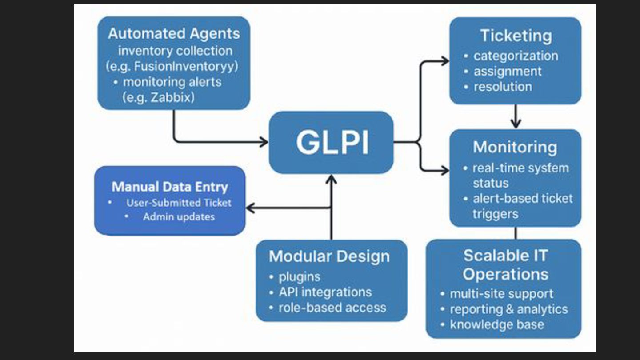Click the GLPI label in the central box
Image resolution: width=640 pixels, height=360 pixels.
[x=332, y=142]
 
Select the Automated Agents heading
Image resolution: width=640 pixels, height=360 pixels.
[x=174, y=34]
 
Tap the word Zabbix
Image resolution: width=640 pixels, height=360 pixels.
[x=172, y=97]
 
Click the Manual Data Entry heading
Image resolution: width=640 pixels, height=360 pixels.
[x=170, y=187]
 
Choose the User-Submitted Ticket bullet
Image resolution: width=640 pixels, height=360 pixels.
[x=179, y=203]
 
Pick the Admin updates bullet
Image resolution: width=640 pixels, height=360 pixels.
[x=179, y=217]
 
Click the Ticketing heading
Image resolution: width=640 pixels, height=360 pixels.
[x=516, y=36]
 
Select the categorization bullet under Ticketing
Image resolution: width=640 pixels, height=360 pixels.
[x=516, y=56]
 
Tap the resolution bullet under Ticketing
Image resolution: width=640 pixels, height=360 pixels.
[x=503, y=87]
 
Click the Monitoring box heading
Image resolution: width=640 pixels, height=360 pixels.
[x=515, y=148]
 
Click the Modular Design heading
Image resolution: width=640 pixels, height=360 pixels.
[x=329, y=256]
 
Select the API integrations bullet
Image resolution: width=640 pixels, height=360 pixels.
[x=325, y=292]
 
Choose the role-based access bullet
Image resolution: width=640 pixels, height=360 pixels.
[x=332, y=308]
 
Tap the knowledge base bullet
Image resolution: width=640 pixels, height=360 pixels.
[x=497, y=324]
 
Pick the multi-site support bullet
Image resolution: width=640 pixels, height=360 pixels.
[x=501, y=294]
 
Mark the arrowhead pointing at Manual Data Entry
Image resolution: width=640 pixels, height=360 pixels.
[x=250, y=208]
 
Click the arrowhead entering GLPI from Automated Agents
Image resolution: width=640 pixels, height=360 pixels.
[x=264, y=142]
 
